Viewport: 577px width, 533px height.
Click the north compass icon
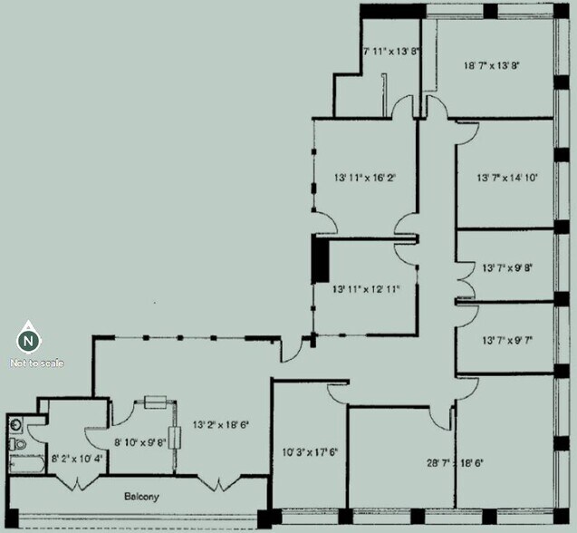click(x=29, y=340)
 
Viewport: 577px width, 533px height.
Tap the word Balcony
click(x=141, y=497)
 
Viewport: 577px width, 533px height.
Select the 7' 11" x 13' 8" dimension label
click(x=391, y=52)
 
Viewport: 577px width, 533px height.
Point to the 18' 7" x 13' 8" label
click(x=492, y=65)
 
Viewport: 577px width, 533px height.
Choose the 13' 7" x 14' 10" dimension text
click(x=507, y=179)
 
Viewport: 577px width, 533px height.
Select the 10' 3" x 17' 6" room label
click(x=309, y=451)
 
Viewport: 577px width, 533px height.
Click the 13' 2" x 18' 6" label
click(x=220, y=424)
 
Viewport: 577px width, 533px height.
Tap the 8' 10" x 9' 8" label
click(x=140, y=442)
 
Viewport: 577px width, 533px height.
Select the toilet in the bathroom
click(x=17, y=444)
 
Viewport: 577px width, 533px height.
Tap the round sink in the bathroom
click(x=16, y=423)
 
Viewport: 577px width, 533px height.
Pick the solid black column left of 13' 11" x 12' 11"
click(x=319, y=262)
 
